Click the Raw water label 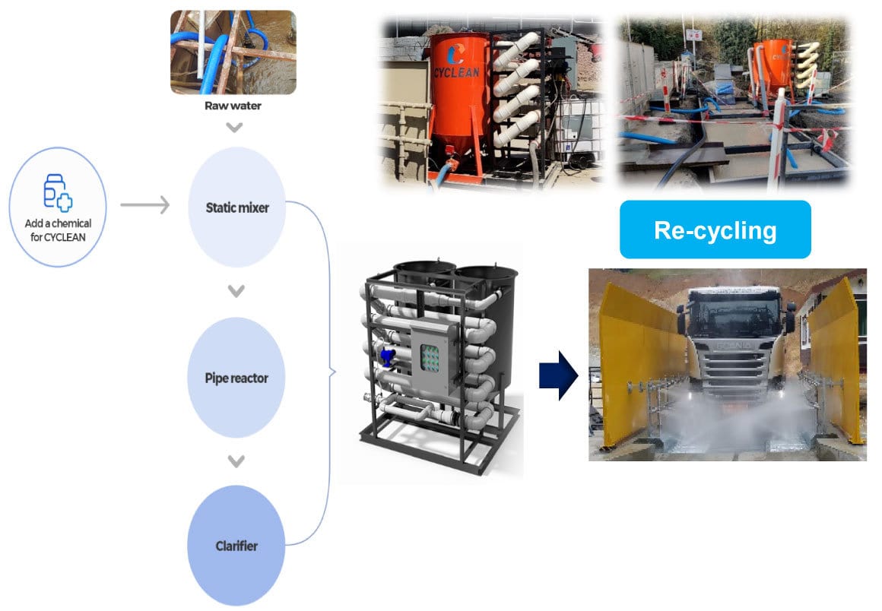pyautogui.click(x=233, y=106)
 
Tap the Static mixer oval pyautogui.click(x=236, y=207)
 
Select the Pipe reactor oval pyautogui.click(x=236, y=378)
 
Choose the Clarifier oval pyautogui.click(x=236, y=546)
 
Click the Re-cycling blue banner pyautogui.click(x=715, y=230)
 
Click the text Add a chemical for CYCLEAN pyautogui.click(x=58, y=229)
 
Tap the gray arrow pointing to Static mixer pyautogui.click(x=144, y=204)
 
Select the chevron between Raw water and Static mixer pyautogui.click(x=235, y=127)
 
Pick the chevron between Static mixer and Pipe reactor pyautogui.click(x=236, y=291)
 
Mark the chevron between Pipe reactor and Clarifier pyautogui.click(x=236, y=461)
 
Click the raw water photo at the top pyautogui.click(x=233, y=52)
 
